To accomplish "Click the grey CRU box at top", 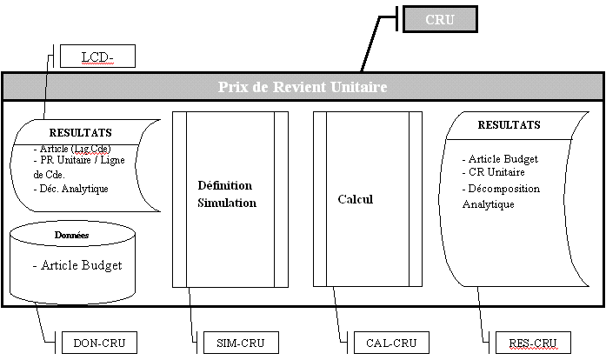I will tap(440, 19).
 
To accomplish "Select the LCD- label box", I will tap(98, 57).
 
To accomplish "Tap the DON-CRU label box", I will tap(99, 343).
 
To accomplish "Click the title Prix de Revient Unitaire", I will tap(302, 87).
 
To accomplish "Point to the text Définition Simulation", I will tap(226, 194).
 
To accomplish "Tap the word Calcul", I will tap(355, 199).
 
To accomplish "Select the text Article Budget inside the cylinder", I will tap(76, 265).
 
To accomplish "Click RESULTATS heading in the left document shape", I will tap(80, 132).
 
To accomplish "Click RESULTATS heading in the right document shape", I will tap(509, 125).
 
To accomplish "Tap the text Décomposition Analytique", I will tap(502, 197).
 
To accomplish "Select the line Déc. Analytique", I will tap(71, 188).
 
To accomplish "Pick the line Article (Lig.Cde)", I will tap(73, 149).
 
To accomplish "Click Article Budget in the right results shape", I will tap(503, 159).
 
